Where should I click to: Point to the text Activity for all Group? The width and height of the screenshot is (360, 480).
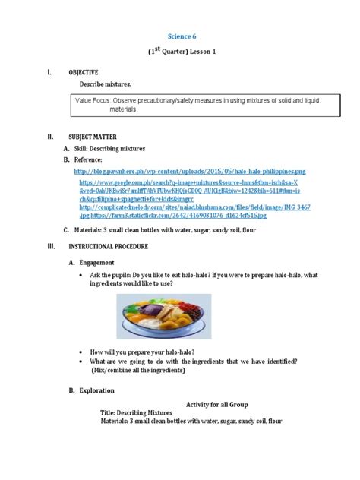(217, 405)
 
